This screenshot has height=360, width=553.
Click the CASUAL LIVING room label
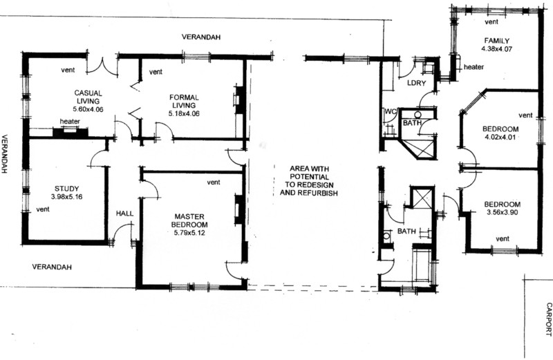[x=88, y=97]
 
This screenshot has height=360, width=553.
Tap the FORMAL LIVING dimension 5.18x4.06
[x=184, y=113]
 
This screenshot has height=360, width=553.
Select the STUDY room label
[x=66, y=189]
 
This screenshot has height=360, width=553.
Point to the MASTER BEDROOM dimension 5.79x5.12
[x=189, y=233]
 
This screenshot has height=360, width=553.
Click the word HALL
[x=125, y=214]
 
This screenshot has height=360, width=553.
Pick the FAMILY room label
[x=496, y=41]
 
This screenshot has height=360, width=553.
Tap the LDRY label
[x=417, y=83]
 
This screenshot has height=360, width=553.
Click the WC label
[x=391, y=112]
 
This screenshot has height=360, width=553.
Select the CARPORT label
[x=548, y=319]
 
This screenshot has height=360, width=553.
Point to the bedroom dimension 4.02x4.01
[x=500, y=138]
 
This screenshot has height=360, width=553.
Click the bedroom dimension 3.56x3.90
[x=503, y=212]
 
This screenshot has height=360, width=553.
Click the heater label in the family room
[x=474, y=67]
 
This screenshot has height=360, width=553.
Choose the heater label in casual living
[x=70, y=122]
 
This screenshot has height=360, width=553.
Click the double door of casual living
[x=102, y=66]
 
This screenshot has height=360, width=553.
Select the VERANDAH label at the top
[x=201, y=37]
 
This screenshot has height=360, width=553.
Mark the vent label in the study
[x=43, y=209]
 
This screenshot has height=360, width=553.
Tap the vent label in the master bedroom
[x=214, y=182]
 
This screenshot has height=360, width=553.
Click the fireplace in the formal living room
[x=239, y=100]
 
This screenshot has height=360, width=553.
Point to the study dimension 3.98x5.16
[x=66, y=197]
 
